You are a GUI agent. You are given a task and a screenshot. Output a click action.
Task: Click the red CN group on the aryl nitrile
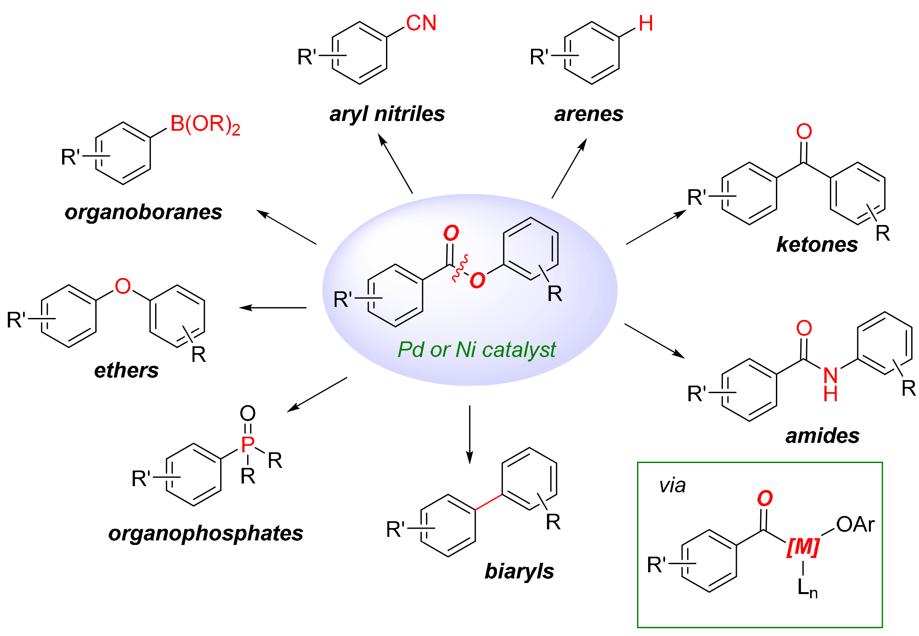coord(421,23)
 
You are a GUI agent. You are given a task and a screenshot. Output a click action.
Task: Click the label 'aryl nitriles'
coord(387,114)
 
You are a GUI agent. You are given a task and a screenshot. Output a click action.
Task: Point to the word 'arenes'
coord(588,114)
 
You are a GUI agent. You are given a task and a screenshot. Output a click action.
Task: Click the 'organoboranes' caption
coord(143,212)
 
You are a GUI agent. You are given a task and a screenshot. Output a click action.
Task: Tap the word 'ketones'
coord(817,244)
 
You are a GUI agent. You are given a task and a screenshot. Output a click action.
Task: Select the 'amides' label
coord(822,436)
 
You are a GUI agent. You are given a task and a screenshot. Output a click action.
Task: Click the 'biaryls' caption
coord(519,571)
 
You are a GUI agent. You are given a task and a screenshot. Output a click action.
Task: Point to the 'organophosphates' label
coord(205,533)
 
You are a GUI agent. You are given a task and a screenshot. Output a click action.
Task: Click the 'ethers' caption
coord(126,370)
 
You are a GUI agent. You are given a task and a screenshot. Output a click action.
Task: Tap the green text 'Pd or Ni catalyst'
coord(476,350)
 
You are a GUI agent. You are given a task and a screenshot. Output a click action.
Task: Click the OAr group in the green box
coord(855,524)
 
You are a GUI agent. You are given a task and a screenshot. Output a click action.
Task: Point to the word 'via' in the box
coord(672,485)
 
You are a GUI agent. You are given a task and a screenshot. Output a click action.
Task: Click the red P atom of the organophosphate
coord(247,444)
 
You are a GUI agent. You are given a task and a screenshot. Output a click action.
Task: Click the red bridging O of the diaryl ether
coord(122,286)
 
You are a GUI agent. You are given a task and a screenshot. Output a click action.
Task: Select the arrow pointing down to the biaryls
coord(470,434)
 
